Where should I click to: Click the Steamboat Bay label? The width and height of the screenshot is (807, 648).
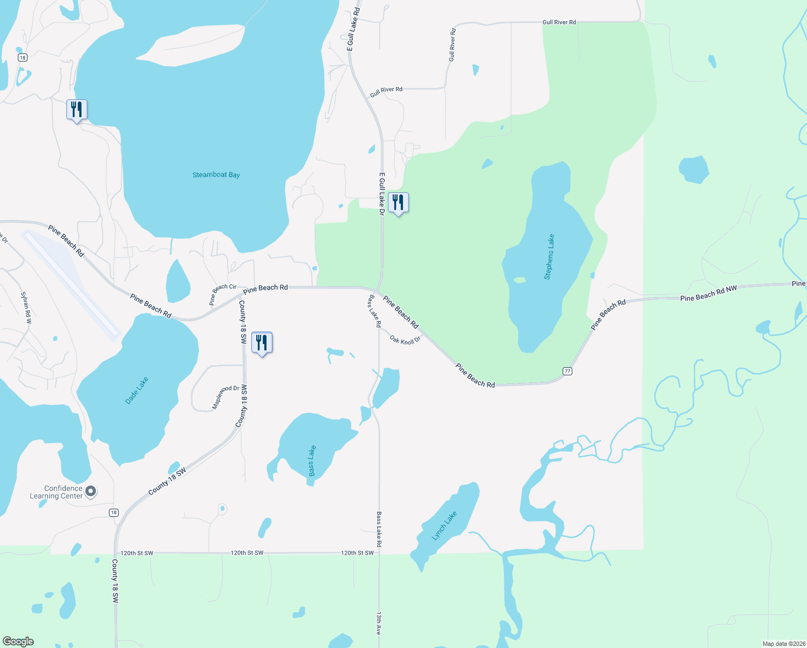coord(216,175)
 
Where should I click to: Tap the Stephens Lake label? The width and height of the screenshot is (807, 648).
coord(549,257)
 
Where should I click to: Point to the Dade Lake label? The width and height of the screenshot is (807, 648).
coord(136,390)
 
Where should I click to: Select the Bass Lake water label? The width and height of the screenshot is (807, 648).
coord(312,461)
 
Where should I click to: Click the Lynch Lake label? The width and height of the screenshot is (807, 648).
coord(444,525)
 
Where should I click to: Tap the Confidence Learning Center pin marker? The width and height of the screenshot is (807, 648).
coord(91,491)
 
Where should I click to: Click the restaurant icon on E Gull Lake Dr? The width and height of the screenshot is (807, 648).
coord(398,203)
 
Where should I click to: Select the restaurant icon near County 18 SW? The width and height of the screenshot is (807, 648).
coord(262,343)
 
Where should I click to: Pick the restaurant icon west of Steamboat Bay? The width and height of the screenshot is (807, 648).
coord(77,110)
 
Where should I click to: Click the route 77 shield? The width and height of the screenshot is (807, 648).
coord(567,371)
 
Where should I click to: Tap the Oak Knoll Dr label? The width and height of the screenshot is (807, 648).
coord(405,340)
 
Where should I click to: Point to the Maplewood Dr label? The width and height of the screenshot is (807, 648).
coord(225,397)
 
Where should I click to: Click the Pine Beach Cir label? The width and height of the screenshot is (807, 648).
coord(223,295)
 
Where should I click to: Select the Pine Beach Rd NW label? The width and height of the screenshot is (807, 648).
coord(708,294)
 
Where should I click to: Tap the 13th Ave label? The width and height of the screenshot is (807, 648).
coord(379,623)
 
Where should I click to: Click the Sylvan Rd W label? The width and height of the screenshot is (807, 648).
coord(26,308)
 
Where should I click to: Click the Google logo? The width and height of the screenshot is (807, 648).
coord(18,642)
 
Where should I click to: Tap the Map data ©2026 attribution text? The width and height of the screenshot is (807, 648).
coord(783,644)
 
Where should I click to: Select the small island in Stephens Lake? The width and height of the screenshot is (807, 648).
coord(519,280)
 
